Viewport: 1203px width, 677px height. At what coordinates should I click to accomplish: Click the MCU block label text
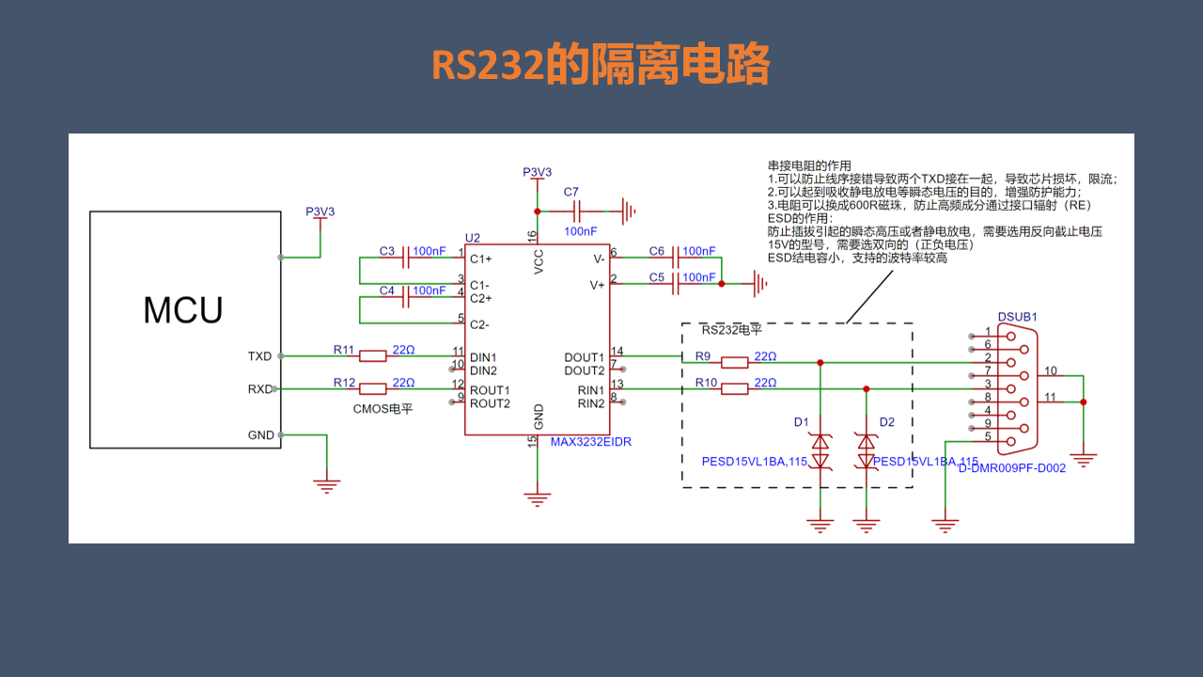[x=183, y=309]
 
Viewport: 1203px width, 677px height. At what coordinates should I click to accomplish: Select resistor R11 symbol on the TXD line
[x=373, y=355]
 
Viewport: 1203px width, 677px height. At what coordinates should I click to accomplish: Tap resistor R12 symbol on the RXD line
[x=373, y=388]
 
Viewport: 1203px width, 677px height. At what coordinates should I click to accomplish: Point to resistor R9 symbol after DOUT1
[x=734, y=362]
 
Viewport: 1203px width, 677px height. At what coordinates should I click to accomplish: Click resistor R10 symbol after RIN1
[x=734, y=388]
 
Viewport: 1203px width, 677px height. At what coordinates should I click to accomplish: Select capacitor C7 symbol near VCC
[x=575, y=212]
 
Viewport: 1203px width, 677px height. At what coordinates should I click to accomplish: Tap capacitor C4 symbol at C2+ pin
[x=405, y=296]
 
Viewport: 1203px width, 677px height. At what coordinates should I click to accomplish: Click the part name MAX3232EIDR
[x=590, y=442]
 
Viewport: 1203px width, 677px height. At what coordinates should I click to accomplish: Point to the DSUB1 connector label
[x=1018, y=318]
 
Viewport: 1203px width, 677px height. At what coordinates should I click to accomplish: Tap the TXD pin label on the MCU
[x=259, y=356]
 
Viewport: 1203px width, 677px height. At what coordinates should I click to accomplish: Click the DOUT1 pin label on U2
[x=584, y=357]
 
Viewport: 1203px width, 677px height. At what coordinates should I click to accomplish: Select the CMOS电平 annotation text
[x=383, y=409]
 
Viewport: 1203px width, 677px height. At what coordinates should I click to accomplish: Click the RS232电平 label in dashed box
[x=732, y=331]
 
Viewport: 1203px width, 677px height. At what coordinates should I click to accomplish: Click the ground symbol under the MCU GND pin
[x=326, y=485]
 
